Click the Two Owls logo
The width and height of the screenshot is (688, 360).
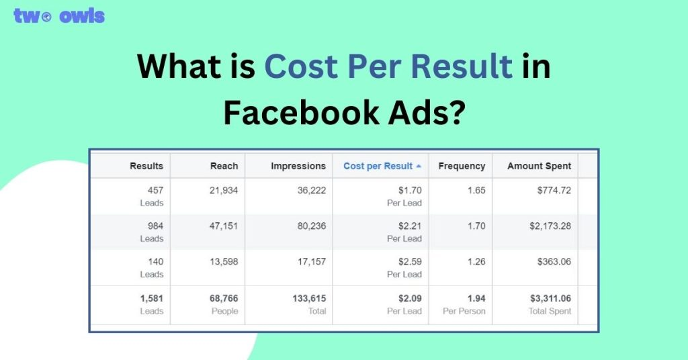(59, 16)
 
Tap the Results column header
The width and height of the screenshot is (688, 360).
(146, 166)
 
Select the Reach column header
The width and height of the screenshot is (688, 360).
(224, 166)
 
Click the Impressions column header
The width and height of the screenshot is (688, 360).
(298, 166)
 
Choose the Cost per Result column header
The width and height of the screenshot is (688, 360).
(378, 166)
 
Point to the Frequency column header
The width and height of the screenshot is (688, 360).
(462, 166)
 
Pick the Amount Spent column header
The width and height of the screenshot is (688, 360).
(539, 166)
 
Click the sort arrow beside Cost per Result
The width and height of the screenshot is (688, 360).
(419, 166)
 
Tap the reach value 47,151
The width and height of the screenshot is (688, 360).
(224, 226)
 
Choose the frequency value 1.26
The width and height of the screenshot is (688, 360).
(476, 262)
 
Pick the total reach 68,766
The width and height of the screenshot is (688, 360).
(224, 298)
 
